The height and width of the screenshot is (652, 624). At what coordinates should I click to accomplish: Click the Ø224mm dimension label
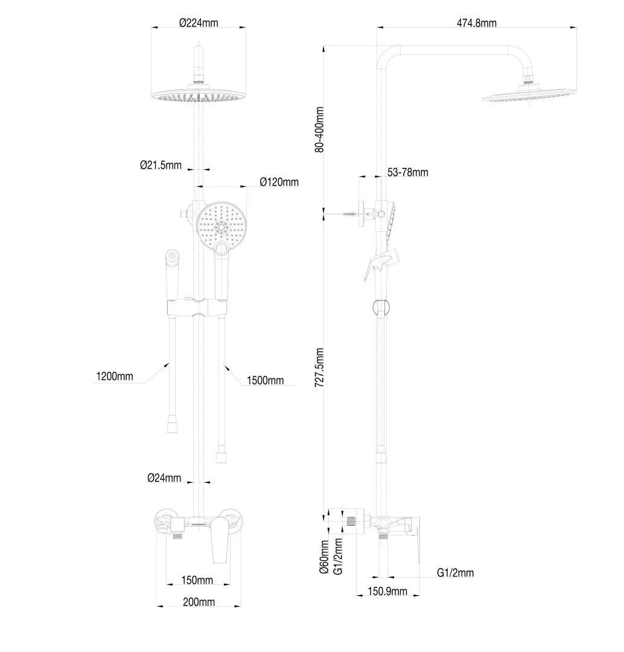(199, 22)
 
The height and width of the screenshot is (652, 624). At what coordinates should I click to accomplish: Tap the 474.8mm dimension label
(476, 23)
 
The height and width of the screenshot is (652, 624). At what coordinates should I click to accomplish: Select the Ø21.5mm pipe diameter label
(161, 165)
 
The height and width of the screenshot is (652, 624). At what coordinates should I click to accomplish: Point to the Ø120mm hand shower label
(279, 182)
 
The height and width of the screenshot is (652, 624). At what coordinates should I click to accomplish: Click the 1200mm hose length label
(115, 376)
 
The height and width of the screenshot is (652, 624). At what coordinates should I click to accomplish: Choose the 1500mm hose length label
(266, 380)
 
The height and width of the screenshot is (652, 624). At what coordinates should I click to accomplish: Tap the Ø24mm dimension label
(164, 478)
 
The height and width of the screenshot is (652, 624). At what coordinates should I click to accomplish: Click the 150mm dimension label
(197, 580)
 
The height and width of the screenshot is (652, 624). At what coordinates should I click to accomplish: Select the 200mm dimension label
(199, 602)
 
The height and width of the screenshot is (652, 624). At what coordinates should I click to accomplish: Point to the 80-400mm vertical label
(319, 130)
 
